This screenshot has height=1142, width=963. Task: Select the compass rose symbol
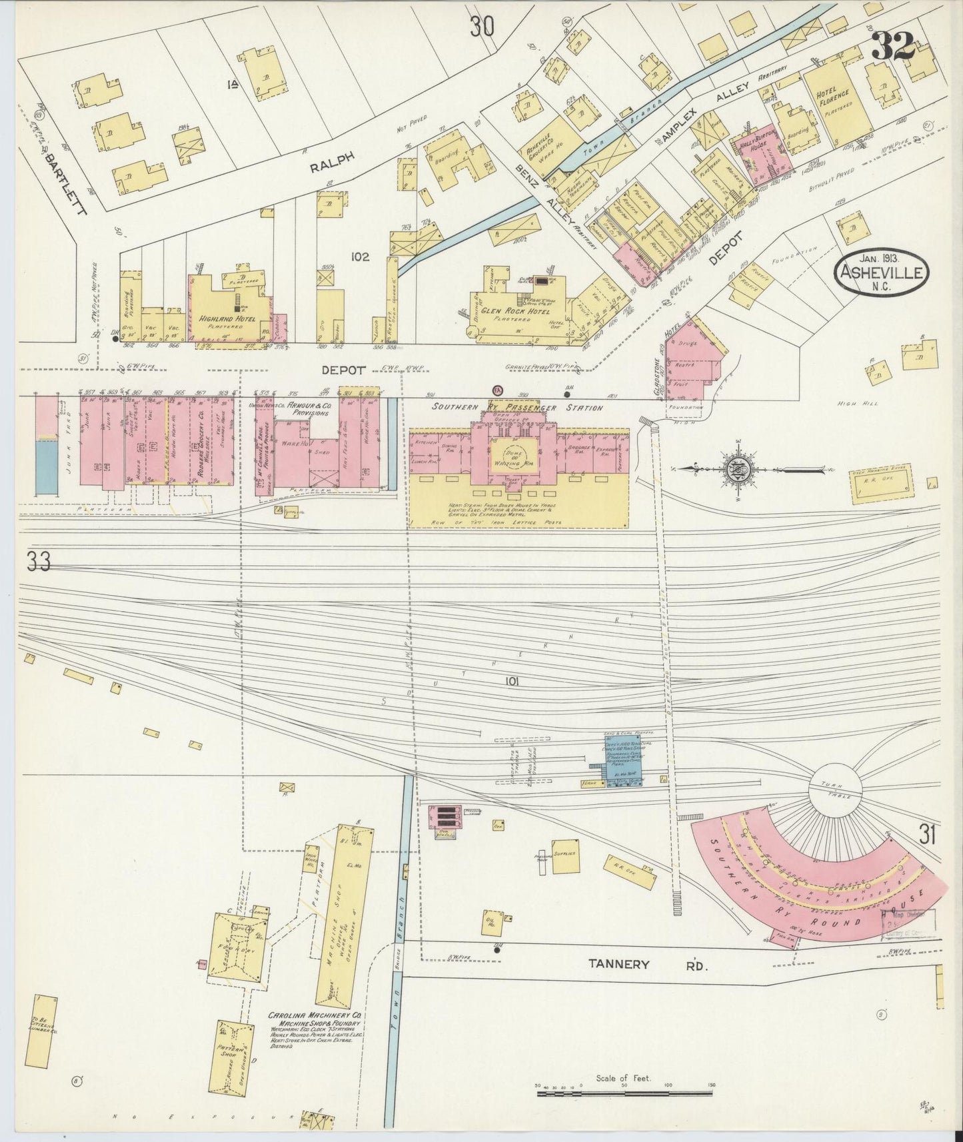[740, 469]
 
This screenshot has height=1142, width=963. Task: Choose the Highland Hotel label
[227, 319]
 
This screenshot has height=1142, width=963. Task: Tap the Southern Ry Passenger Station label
[517, 408]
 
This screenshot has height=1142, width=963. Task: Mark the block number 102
[360, 256]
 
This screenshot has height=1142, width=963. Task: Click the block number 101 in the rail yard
[511, 682]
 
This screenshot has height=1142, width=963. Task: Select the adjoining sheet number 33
[38, 562]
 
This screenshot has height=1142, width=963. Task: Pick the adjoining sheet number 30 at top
[482, 27]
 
